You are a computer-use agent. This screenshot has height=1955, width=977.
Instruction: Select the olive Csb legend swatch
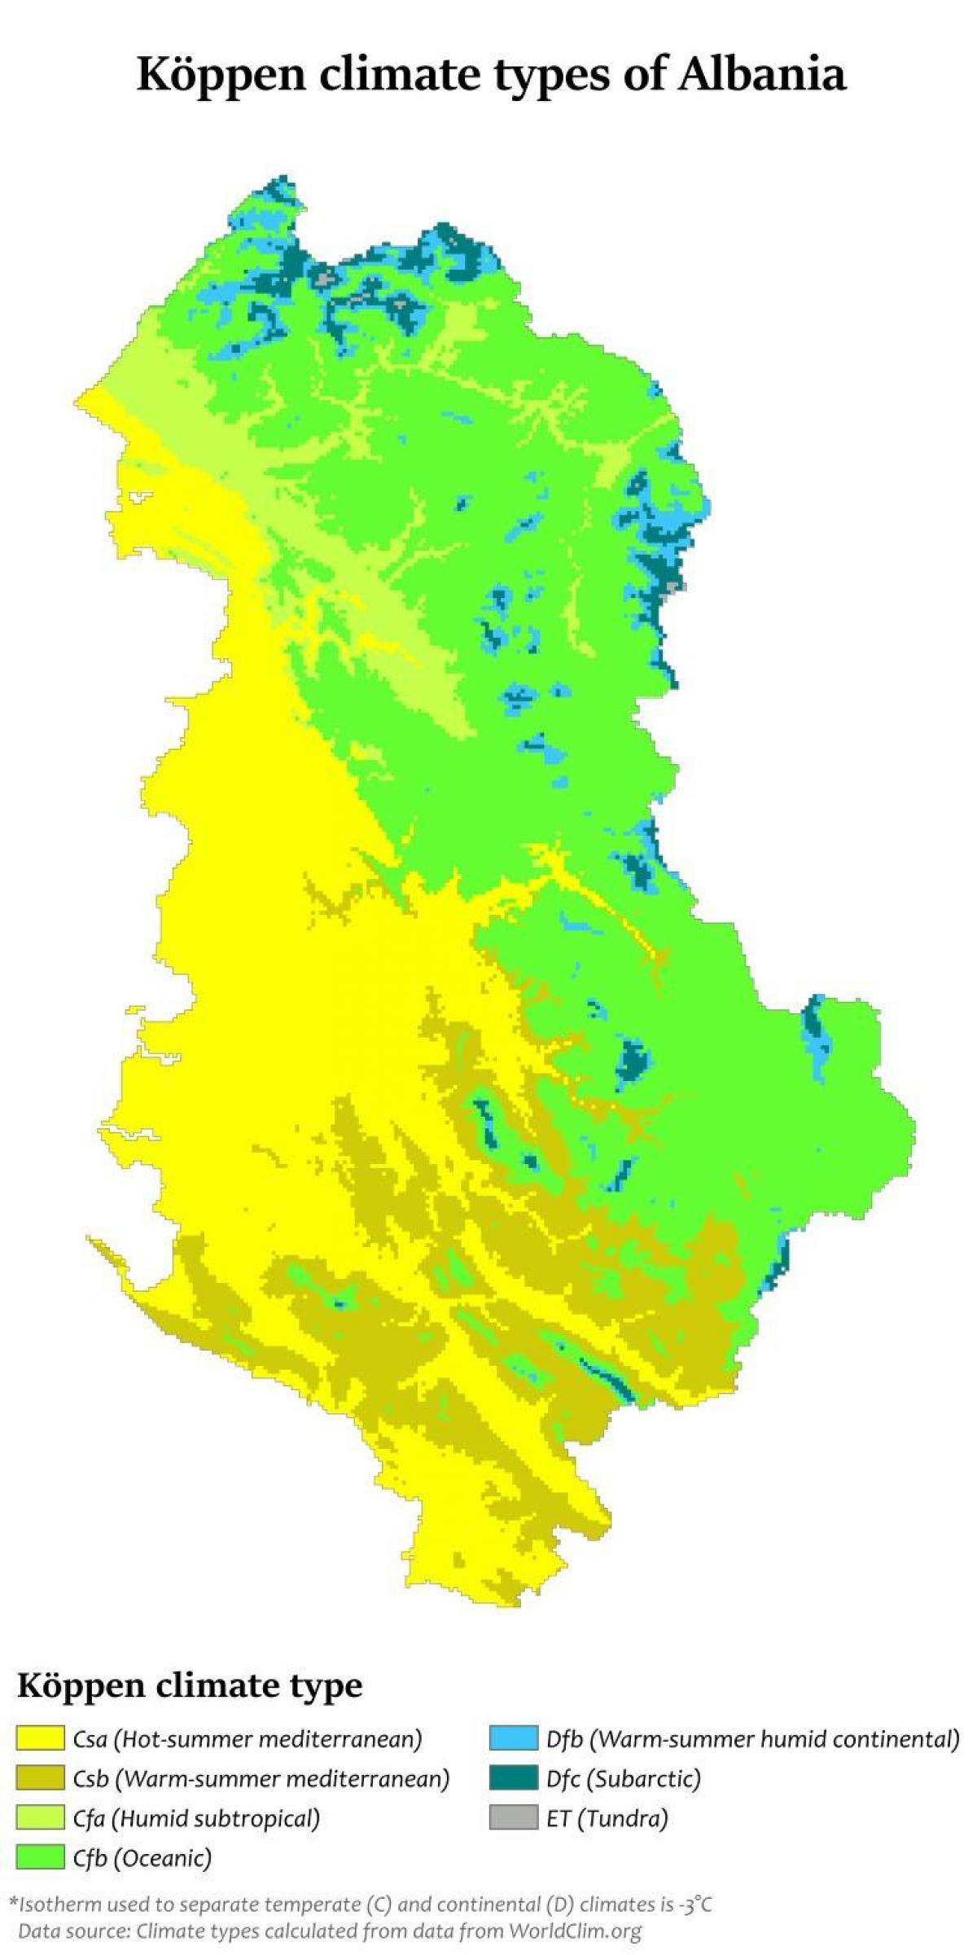40,1778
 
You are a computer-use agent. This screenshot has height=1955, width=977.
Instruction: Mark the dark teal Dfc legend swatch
514,1778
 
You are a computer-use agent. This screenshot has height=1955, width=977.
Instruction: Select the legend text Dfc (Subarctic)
624,1778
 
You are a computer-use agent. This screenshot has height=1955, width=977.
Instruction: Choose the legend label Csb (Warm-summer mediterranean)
261,1778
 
